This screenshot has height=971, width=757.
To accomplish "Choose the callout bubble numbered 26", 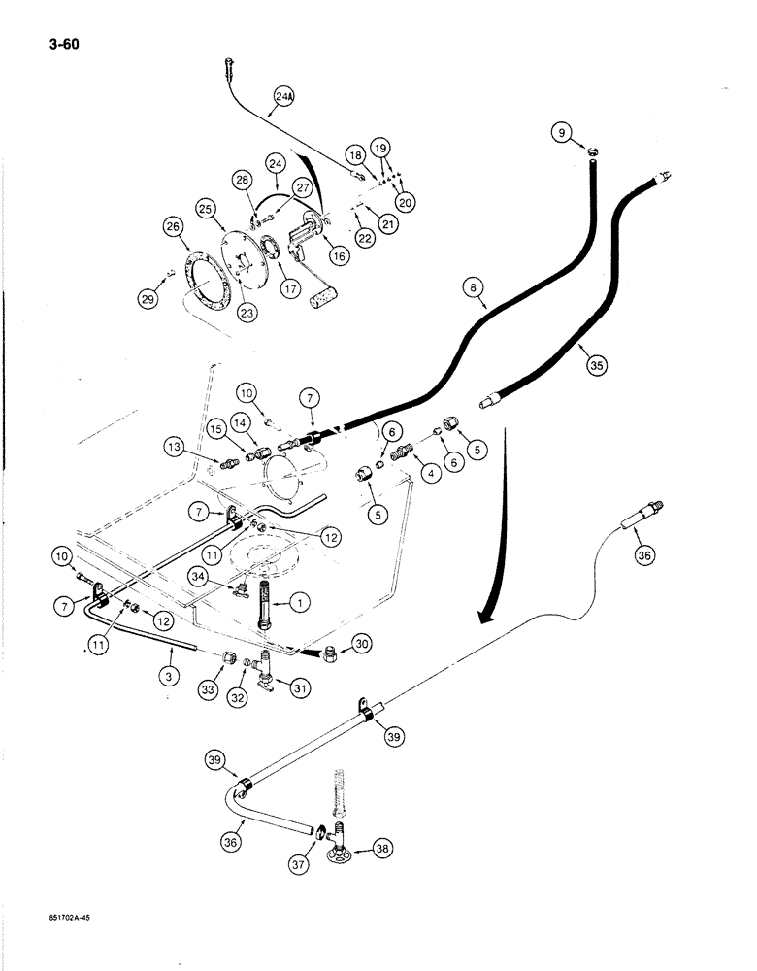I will [x=173, y=228].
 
